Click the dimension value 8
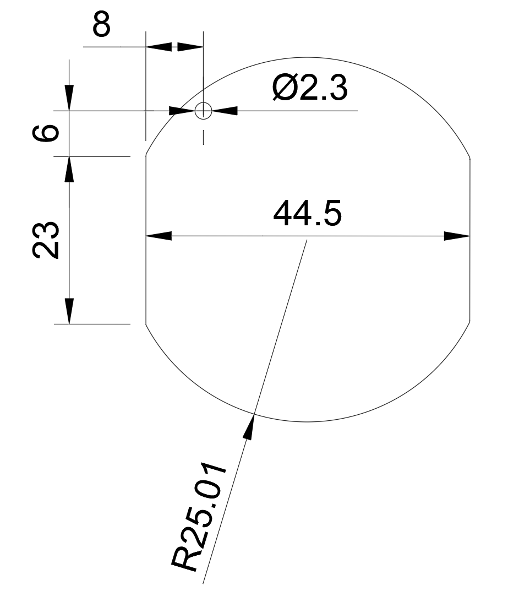[x=101, y=24]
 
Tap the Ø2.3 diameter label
[x=310, y=88]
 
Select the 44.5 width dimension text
[x=307, y=213]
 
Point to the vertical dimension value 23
[x=46, y=240]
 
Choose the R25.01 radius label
[x=199, y=517]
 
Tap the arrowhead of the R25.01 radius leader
[x=249, y=426]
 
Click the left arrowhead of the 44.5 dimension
[x=159, y=236]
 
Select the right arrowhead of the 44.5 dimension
[x=457, y=236]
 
